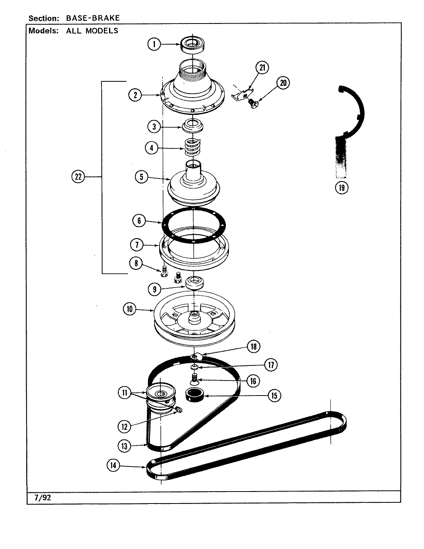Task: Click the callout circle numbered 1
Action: coord(154,44)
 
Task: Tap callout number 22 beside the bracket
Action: coord(78,177)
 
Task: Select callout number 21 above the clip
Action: coord(262,68)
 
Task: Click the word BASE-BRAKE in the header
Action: coord(93,18)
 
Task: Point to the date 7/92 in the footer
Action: coord(42,497)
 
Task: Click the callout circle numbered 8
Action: coord(136,264)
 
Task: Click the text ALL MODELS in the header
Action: coord(92,31)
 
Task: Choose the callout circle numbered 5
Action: coord(141,177)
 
